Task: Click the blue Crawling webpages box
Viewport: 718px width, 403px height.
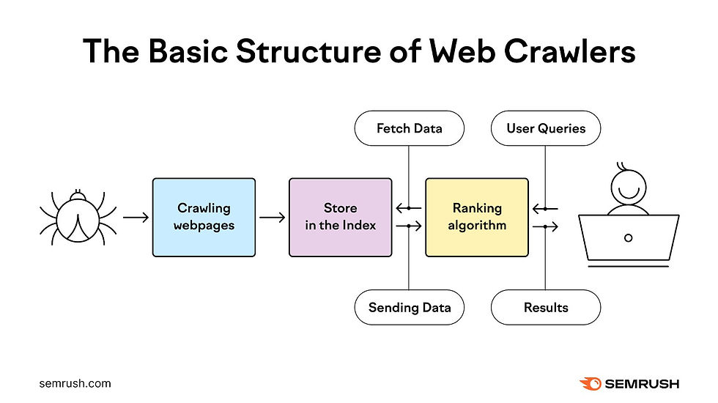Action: pos(204,217)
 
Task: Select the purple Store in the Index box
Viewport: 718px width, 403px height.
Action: pos(340,217)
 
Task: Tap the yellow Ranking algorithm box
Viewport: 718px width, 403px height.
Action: pos(476,217)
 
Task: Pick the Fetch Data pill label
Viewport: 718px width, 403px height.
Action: pos(409,128)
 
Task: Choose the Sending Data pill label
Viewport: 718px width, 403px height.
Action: pos(409,307)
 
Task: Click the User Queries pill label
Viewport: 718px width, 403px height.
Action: pos(546,128)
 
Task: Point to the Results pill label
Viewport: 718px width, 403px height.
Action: pos(546,307)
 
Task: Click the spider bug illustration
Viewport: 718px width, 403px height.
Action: pos(77,218)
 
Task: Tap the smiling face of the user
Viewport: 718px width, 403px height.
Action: pos(628,188)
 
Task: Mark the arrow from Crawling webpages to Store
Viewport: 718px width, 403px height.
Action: pos(272,218)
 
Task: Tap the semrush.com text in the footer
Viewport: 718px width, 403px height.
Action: pos(75,383)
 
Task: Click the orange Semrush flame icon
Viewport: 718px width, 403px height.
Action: pos(590,383)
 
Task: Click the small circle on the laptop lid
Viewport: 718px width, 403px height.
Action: pos(628,238)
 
